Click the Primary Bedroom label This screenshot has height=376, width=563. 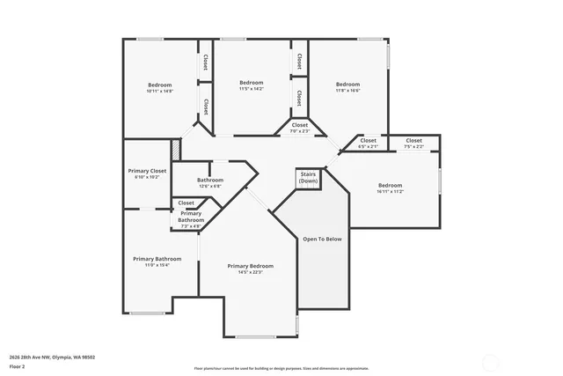[x=251, y=266]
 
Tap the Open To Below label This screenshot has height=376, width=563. [x=323, y=239]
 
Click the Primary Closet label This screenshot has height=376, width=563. [x=147, y=171]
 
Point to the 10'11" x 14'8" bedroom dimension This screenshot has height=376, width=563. [x=159, y=91]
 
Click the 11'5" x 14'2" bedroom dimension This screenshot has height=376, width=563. [x=252, y=89]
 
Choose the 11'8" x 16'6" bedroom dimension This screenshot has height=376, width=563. [x=347, y=91]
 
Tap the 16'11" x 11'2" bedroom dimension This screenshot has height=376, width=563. [x=390, y=192]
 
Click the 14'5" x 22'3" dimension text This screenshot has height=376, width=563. [x=251, y=273]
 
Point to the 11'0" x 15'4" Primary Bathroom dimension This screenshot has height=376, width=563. [x=157, y=265]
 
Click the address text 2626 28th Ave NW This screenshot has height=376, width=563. [x=48, y=357]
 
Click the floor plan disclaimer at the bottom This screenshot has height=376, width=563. [x=281, y=368]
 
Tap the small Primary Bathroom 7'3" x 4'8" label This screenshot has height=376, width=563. [x=191, y=219]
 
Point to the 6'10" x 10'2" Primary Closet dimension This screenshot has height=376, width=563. [x=147, y=178]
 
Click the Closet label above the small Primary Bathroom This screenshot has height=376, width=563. [x=186, y=203]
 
